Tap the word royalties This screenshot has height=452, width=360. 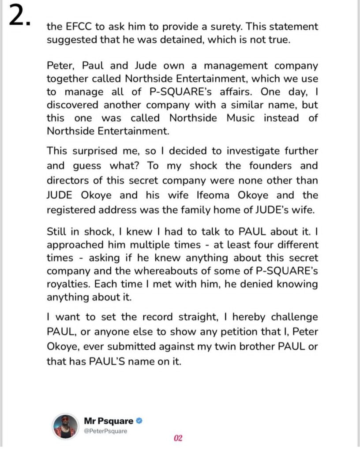click(x=65, y=284)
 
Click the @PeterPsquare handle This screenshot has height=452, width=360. click(x=105, y=430)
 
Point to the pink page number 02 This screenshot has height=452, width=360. click(x=178, y=438)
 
